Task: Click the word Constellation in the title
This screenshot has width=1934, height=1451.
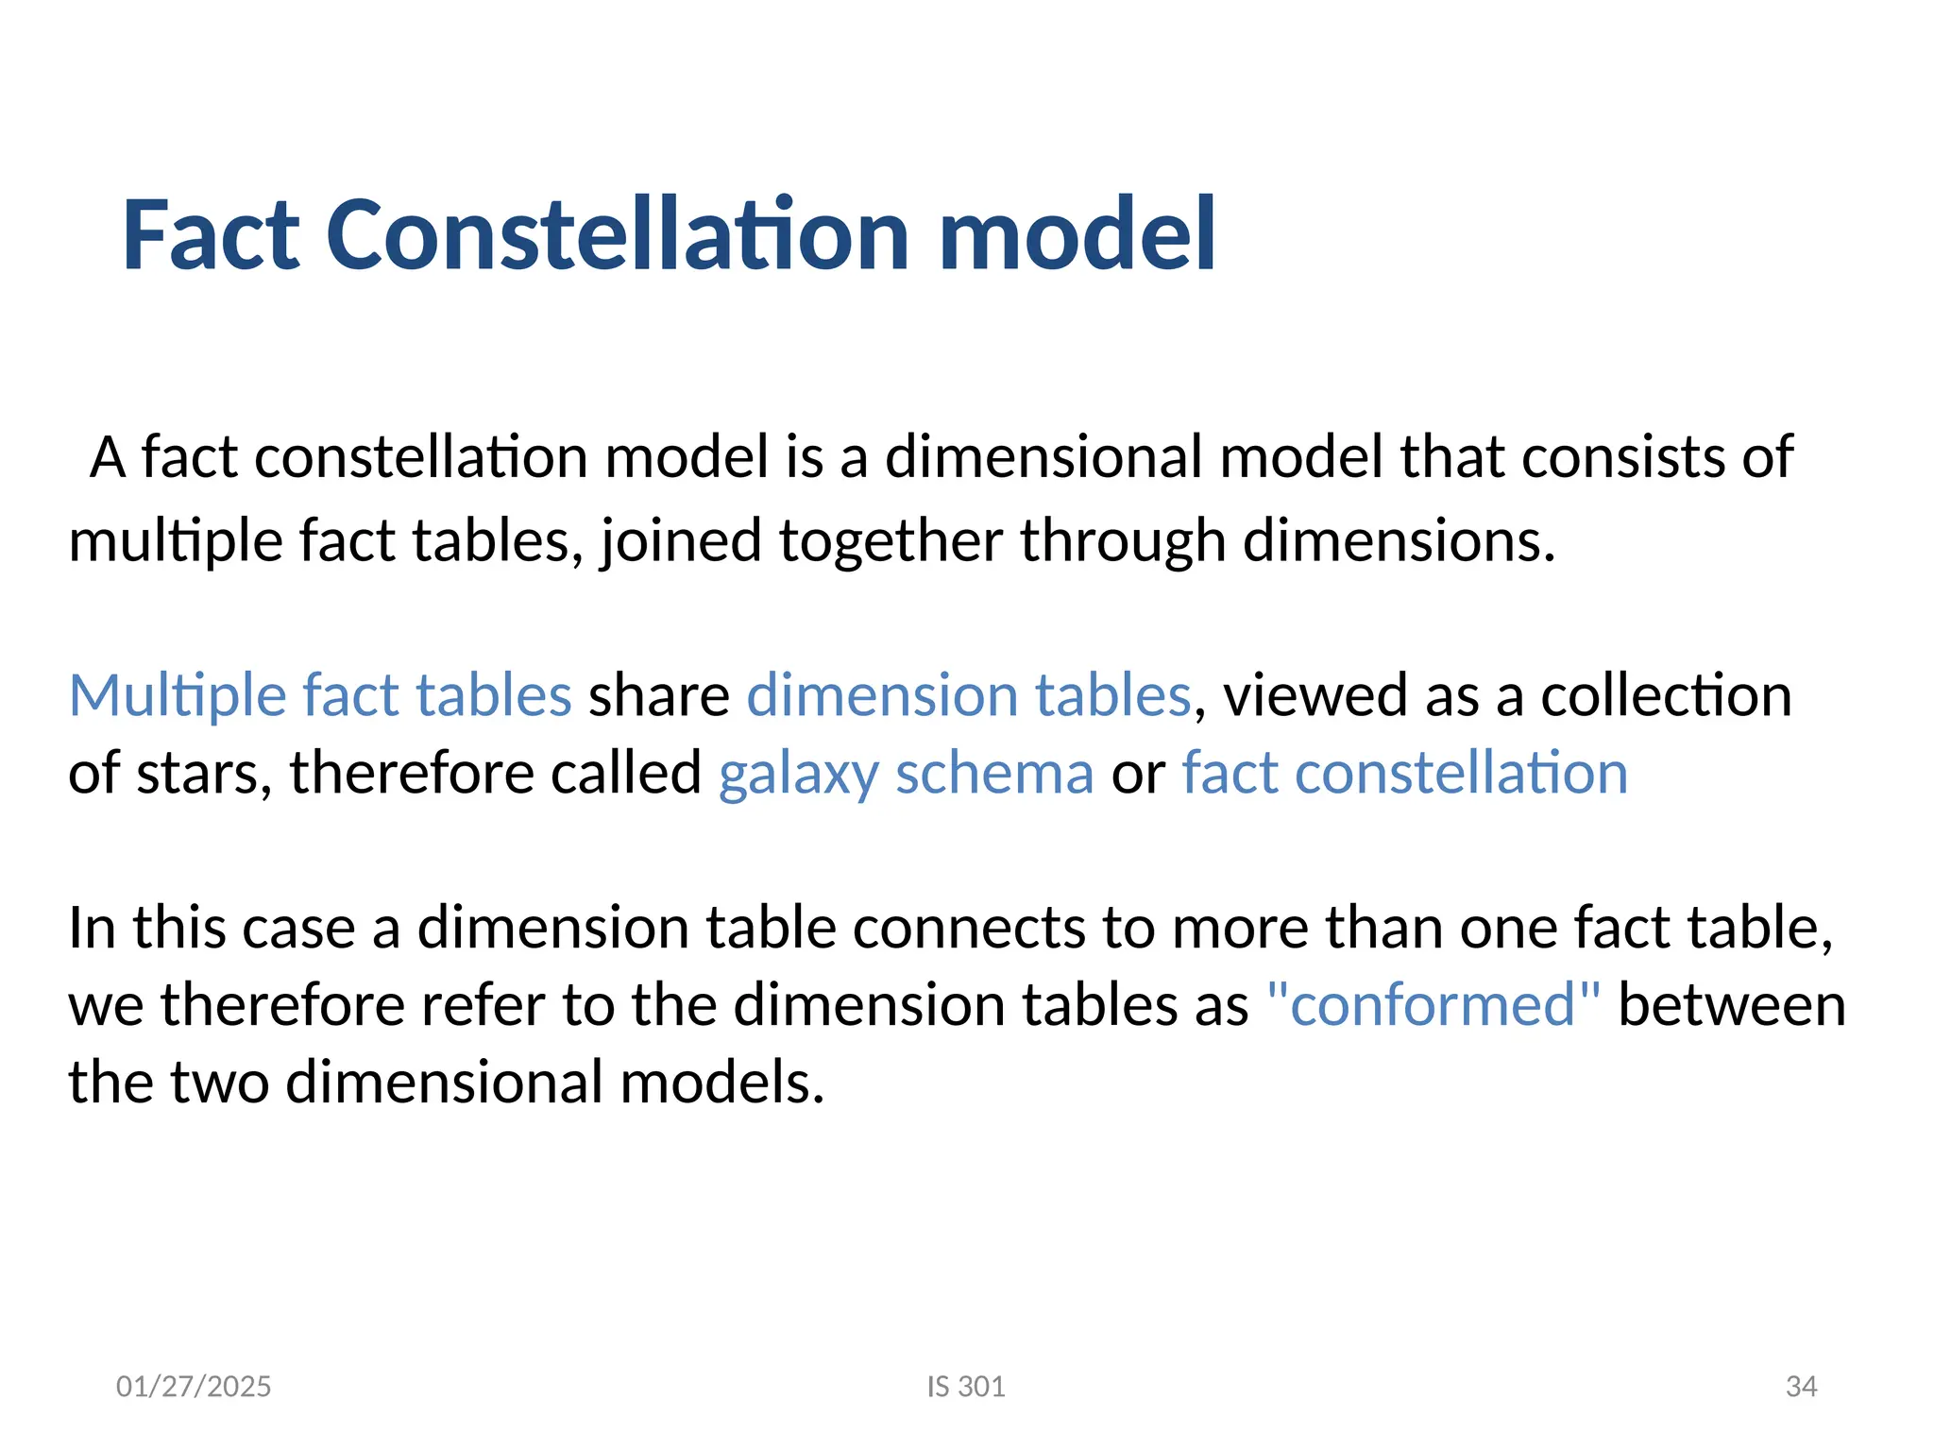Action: [x=618, y=235]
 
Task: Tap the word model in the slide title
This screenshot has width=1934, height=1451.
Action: [x=1077, y=235]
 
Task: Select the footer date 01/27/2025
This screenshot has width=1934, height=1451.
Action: [x=194, y=1387]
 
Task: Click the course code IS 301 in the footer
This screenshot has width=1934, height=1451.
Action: [x=966, y=1387]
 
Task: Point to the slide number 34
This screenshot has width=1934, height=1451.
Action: [x=1801, y=1387]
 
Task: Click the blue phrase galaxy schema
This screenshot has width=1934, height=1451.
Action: [x=906, y=774]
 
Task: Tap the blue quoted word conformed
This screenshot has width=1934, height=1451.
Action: [x=1433, y=1004]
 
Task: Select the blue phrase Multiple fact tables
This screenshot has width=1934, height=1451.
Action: [x=320, y=696]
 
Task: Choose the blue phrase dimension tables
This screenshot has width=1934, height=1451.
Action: [x=969, y=696]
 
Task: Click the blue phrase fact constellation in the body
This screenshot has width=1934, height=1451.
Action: [x=1404, y=774]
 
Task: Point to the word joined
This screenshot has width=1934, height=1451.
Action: [x=681, y=542]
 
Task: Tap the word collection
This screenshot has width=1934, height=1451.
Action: [x=1666, y=696]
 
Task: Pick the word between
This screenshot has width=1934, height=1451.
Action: [x=1732, y=1004]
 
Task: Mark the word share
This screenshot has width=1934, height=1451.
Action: [x=659, y=696]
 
